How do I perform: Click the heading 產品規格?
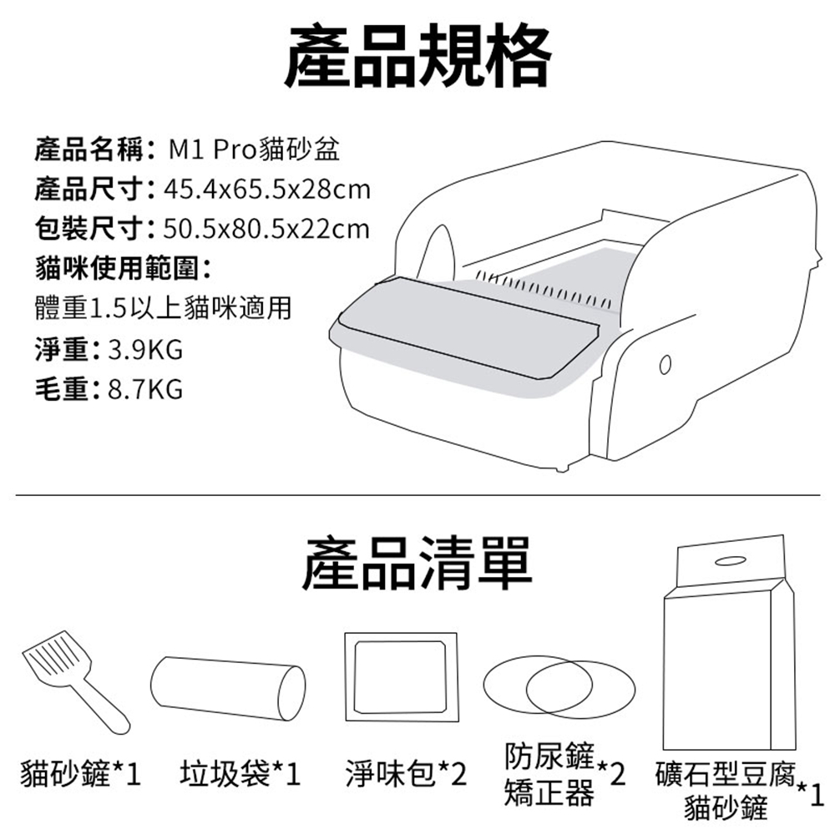coord(417,55)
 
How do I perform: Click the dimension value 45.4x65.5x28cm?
coord(267,190)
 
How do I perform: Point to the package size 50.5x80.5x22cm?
coord(267,229)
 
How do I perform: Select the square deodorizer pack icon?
coord(401,676)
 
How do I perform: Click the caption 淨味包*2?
coord(405,774)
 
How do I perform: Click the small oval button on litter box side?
coord(665,366)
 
